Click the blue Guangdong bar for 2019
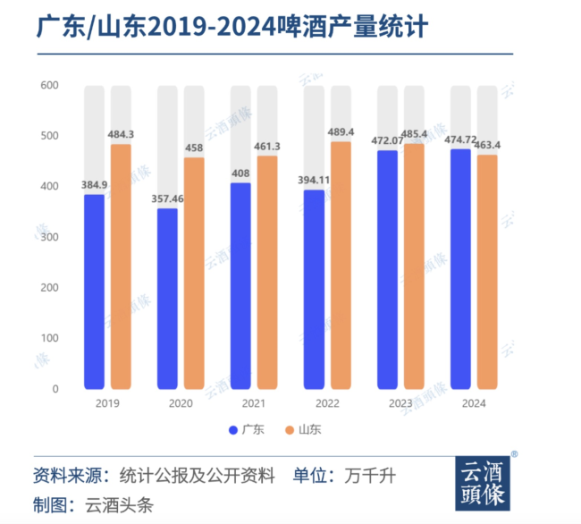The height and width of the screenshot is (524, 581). (95, 292)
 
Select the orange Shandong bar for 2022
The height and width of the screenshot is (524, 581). (341, 266)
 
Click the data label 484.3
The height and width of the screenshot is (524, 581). (122, 134)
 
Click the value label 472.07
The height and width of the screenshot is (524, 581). (387, 139)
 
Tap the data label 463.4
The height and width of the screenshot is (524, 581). (488, 144)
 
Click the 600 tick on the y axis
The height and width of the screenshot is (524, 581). (48, 86)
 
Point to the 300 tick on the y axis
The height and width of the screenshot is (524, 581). (48, 237)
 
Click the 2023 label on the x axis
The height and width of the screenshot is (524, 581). (400, 403)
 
